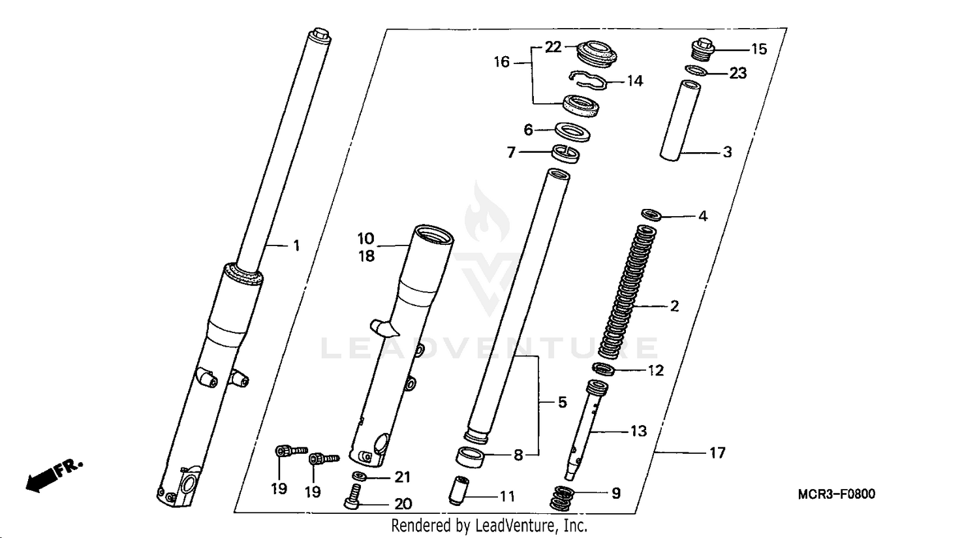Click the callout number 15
pos(758,49)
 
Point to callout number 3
pos(727,152)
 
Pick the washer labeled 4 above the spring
pos(651,214)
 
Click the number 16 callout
pos(501,62)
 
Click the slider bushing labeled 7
pos(565,153)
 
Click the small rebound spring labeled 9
pos(563,499)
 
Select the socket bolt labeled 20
pos(352,500)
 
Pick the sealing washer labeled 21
pos(358,477)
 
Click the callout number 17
pos(717,452)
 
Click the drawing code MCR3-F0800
pos(836,494)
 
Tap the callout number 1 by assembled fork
pos(296,245)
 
